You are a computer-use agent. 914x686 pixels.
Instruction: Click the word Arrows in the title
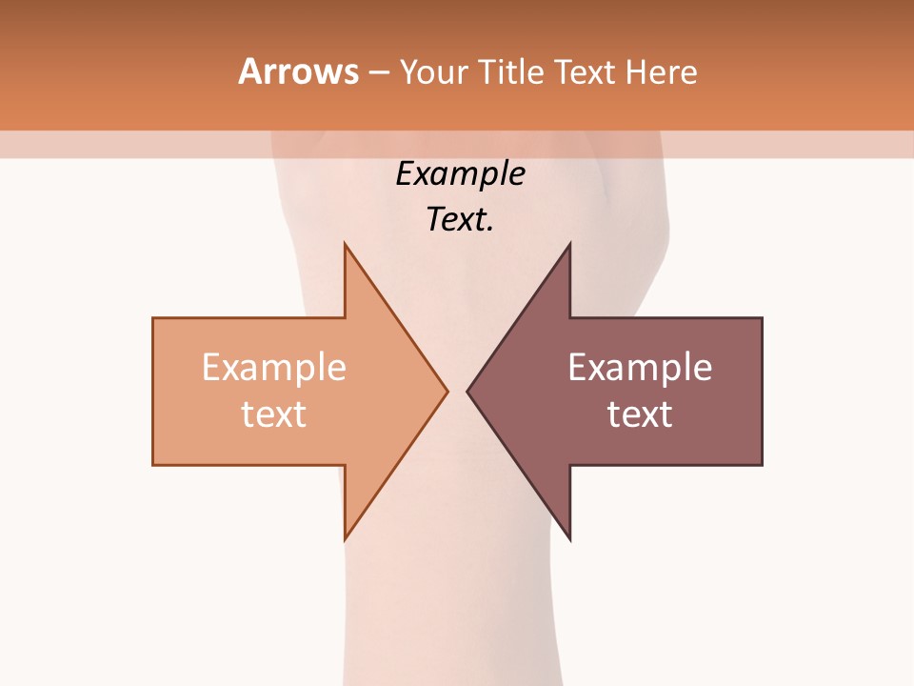298,71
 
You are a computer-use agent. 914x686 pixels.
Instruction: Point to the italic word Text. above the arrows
460,220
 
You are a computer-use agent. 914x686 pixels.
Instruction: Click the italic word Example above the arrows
460,174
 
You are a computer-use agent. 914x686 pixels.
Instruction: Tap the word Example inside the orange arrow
274,367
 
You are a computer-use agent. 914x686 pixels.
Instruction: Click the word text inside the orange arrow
274,414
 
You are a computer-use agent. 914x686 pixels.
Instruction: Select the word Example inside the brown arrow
640,367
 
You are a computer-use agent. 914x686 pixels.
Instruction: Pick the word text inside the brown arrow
640,414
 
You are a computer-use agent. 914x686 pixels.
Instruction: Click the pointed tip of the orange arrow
446,391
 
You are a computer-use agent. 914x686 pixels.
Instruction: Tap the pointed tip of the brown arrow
468,391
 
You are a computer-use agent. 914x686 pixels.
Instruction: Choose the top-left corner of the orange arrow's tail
154,319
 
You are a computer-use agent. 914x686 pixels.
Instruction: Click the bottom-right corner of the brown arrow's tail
761,464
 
